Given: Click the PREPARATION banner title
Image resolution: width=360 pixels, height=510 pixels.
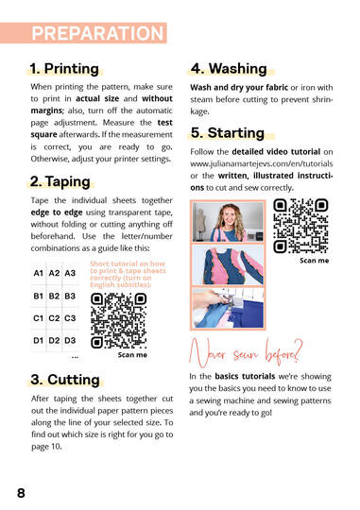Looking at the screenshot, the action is [97, 33].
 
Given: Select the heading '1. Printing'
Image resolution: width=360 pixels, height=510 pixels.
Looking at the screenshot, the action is [64, 69].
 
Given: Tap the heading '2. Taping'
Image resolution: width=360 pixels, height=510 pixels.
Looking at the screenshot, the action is [60, 181].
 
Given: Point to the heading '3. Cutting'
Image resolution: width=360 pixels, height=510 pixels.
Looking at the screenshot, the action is [65, 380].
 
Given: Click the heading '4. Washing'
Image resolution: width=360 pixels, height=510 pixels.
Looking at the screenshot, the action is [229, 69].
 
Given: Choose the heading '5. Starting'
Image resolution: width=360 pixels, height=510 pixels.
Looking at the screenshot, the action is [227, 133].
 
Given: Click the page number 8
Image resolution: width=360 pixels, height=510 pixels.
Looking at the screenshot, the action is [21, 493].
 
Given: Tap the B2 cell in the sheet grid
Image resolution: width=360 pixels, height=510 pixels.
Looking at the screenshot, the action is [54, 296].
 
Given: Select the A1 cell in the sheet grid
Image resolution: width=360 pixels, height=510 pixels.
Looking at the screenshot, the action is [39, 273].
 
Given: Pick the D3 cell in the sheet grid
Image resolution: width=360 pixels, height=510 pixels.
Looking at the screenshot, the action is [70, 341].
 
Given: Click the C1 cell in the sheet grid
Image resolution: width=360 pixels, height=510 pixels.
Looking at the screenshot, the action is [38, 318].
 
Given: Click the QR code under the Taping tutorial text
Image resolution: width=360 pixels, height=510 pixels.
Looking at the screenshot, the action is [118, 321].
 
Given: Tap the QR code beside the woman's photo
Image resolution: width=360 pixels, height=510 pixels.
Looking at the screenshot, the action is [300, 226].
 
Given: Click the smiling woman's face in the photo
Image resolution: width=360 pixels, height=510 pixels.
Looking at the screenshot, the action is [230, 217].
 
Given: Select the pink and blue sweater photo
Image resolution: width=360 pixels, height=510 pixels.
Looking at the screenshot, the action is [228, 264].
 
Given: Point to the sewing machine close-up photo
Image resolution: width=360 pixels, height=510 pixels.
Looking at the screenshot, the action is [228, 308].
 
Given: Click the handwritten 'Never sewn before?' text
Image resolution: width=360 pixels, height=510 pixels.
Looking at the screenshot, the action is [246, 353].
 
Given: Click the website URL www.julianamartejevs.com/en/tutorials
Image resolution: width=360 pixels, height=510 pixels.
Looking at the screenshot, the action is [262, 163].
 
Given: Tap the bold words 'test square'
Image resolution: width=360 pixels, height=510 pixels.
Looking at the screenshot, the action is [101, 128].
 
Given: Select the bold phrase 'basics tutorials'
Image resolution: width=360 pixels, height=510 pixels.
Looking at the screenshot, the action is [245, 376].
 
